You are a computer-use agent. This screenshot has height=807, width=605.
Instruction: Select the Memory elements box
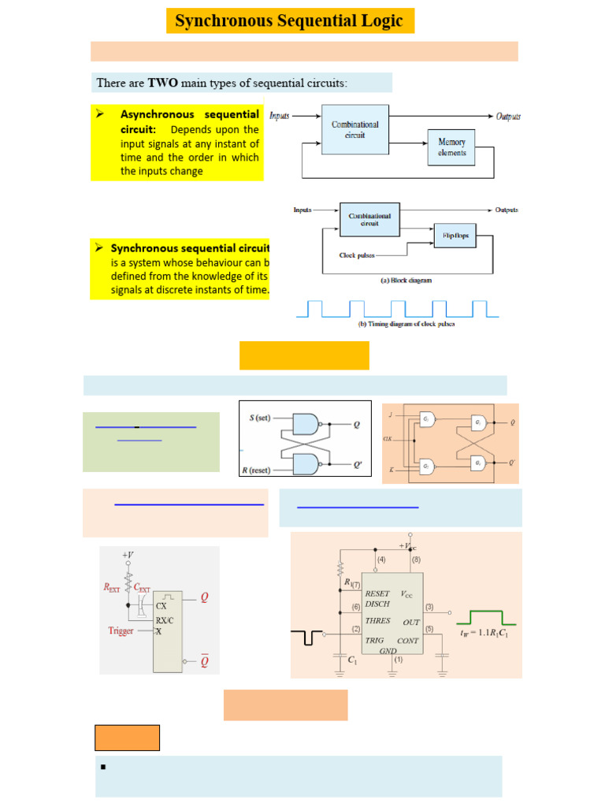pyautogui.click(x=451, y=147)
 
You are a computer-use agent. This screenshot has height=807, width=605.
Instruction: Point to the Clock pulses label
pyautogui.click(x=358, y=255)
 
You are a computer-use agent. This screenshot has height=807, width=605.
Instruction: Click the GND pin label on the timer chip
pyautogui.click(x=388, y=651)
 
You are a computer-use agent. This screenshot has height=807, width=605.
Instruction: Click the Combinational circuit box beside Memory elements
pyautogui.click(x=354, y=129)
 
